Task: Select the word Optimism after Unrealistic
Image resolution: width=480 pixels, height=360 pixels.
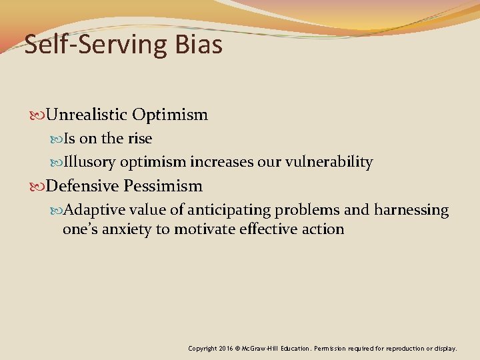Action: point(170,115)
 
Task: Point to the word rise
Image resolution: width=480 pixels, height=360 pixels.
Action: point(139,139)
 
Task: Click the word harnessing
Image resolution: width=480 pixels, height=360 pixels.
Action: point(411,210)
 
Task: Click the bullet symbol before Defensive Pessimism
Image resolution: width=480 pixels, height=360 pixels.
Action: point(40,186)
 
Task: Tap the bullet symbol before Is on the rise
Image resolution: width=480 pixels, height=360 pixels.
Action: point(58,139)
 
